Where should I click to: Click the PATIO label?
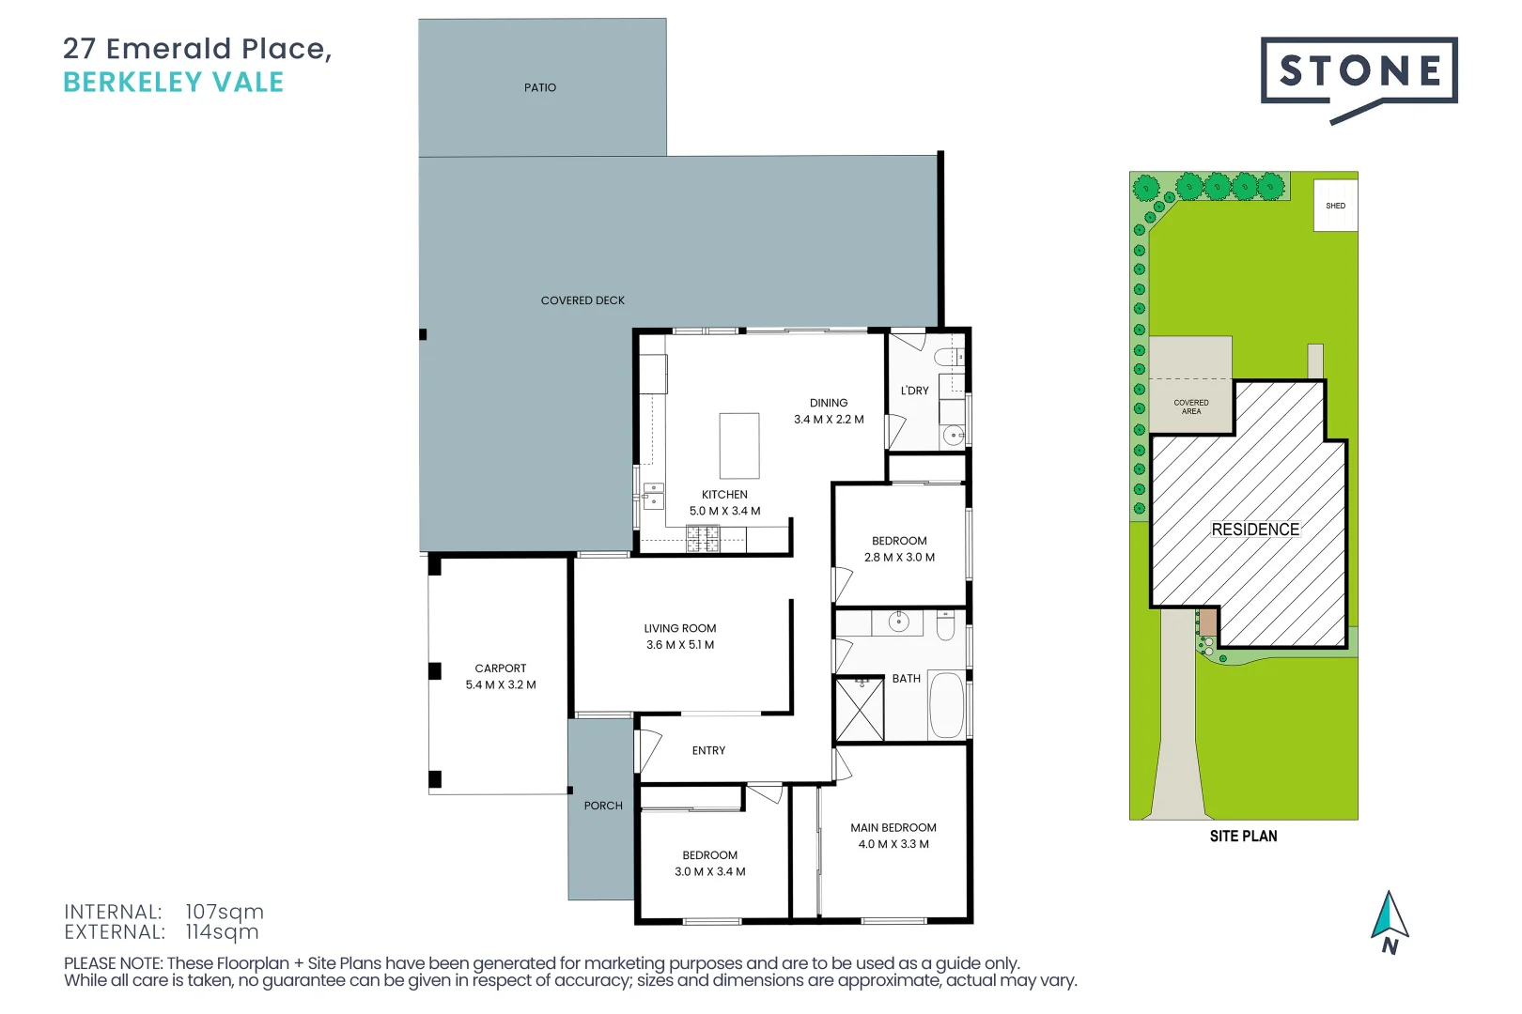540,87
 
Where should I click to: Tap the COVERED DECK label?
582,300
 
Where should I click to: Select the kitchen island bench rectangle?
739,446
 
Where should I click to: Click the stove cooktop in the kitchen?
702,539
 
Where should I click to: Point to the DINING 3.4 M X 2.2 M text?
829,411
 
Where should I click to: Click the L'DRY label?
914,391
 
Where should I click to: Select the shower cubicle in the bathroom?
860,709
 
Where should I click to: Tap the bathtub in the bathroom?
946,705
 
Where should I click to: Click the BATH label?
906,679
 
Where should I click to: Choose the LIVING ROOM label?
679,629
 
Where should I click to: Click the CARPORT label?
500,668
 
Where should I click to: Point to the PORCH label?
603,806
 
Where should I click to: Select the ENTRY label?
708,751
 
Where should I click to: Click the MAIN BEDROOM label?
893,828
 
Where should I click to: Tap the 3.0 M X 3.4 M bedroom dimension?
710,872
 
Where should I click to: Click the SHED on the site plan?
1335,206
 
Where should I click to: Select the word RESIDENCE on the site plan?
1255,530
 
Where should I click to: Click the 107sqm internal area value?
225,912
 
